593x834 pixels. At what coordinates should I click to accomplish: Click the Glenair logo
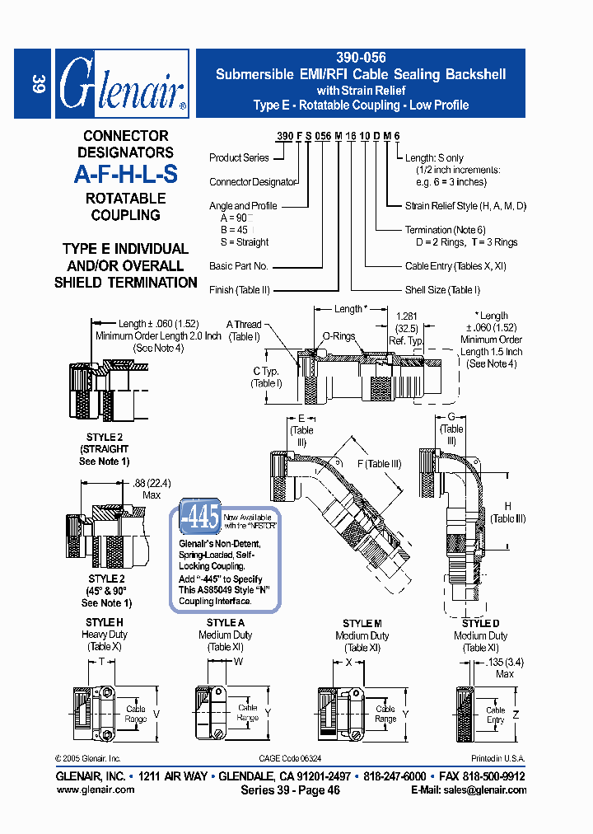click(x=122, y=83)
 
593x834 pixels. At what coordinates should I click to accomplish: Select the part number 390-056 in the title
click(x=361, y=59)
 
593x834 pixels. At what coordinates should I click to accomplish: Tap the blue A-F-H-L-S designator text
click(x=125, y=175)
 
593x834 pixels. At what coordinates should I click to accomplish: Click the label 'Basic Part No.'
click(x=239, y=266)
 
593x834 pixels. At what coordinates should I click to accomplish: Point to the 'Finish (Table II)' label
click(x=240, y=290)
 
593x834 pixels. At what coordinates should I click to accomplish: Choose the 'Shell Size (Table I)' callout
click(x=442, y=290)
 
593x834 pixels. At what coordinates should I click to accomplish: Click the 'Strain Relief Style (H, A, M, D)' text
click(x=465, y=206)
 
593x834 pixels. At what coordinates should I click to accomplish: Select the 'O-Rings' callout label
click(x=338, y=336)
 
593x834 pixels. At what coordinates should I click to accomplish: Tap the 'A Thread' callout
click(x=244, y=325)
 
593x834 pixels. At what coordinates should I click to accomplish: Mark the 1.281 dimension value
click(x=406, y=316)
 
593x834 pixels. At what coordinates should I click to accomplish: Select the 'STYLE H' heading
click(x=105, y=622)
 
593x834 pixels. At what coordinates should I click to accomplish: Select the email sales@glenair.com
click(x=469, y=789)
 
